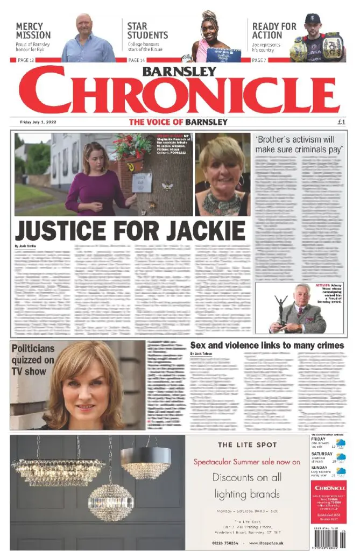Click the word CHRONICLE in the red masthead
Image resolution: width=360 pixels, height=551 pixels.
[180, 90]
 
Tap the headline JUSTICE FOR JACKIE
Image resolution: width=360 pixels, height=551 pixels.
[130, 230]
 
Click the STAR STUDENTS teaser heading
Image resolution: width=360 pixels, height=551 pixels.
[147, 31]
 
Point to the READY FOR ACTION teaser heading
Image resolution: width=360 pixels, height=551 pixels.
[274, 31]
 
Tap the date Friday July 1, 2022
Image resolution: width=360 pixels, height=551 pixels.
[38, 122]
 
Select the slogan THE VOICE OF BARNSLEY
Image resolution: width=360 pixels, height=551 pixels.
[178, 122]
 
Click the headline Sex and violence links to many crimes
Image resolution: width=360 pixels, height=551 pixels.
[267, 345]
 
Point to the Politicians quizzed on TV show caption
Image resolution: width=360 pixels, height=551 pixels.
[33, 359]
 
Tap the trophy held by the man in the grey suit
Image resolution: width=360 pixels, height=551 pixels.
[281, 309]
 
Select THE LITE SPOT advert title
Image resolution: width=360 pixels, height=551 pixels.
[248, 445]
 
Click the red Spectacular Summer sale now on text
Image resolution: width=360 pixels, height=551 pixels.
[247, 462]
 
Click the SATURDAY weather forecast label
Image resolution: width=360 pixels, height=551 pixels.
[322, 454]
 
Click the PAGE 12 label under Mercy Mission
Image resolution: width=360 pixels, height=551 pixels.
[26, 60]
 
